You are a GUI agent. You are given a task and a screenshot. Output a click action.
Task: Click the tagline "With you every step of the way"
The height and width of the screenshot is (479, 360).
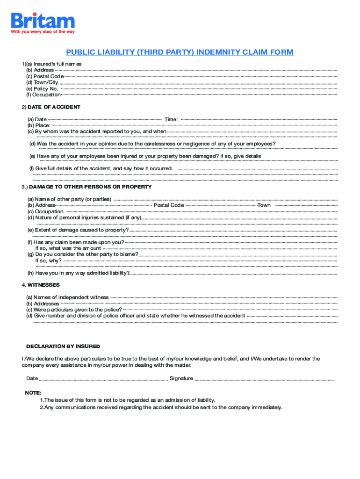[43, 32]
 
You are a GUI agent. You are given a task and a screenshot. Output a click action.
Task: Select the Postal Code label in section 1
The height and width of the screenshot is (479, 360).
[45, 76]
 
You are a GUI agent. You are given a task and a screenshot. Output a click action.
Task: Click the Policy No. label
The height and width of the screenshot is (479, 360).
[42, 88]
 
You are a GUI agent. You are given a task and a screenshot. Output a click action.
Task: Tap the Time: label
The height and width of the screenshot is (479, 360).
[171, 120]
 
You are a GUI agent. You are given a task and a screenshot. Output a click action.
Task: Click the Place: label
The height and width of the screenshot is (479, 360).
[39, 125]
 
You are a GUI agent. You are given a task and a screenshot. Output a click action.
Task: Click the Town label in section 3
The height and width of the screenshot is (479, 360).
[264, 205]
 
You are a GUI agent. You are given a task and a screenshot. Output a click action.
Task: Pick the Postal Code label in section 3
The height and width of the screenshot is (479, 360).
[168, 205]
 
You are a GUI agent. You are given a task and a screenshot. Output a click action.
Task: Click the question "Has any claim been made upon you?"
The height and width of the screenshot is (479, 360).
[76, 242]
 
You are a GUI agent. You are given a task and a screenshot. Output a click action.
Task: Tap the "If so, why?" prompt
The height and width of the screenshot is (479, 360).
[49, 261]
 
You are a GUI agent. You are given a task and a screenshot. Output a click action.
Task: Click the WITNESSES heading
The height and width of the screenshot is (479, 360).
[43, 285]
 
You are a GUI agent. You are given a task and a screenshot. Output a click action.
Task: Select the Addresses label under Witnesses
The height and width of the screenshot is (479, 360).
[43, 304]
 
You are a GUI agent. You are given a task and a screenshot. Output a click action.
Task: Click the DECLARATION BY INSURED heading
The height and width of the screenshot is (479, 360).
[63, 347]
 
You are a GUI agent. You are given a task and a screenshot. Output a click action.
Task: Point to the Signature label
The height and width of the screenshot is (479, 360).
[181, 378]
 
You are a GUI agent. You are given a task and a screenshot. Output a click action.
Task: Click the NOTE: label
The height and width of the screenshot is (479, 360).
[33, 393]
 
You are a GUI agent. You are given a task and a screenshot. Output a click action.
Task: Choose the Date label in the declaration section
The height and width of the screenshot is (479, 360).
[32, 378]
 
